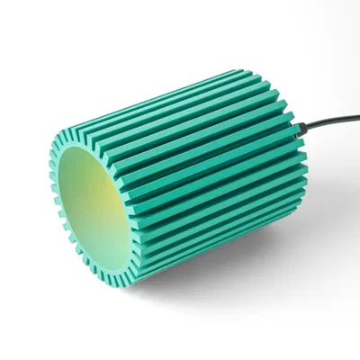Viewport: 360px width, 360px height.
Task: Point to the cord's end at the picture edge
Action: pyautogui.click(x=358, y=113)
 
